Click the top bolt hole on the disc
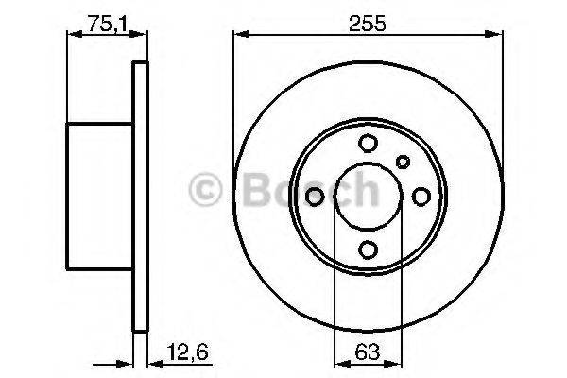click(x=368, y=144)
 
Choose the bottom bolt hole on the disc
click(x=368, y=249)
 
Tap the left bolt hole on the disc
click(x=316, y=196)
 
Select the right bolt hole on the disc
click(x=421, y=196)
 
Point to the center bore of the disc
click(x=368, y=196)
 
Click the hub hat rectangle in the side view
click(x=100, y=196)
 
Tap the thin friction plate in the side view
click(x=140, y=196)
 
